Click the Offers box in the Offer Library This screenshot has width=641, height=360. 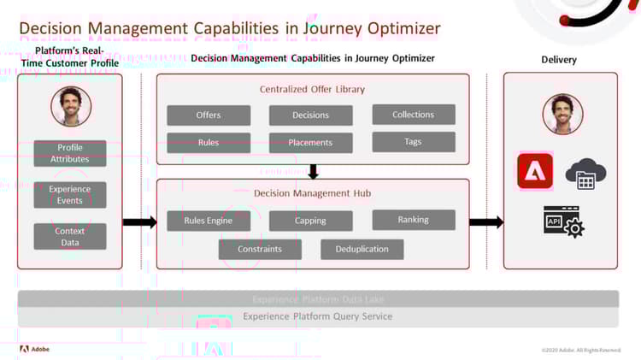point(209,115)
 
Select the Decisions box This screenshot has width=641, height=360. point(310,115)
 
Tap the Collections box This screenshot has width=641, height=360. point(414,115)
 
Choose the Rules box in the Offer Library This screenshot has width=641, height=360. point(209,143)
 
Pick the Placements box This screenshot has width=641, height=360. point(310,143)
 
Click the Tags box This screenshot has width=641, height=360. point(414,142)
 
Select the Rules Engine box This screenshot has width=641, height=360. point(209,221)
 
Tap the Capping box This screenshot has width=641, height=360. point(310,221)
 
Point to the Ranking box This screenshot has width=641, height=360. point(414,220)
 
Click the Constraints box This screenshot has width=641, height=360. point(260,250)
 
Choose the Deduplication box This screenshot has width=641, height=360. point(362,250)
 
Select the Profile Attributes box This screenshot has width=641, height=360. point(70,154)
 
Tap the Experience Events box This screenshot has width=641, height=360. point(70,195)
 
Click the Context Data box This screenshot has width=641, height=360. point(70,237)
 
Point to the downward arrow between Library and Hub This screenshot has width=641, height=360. point(313,172)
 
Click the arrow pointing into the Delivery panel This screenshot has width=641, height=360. point(486,222)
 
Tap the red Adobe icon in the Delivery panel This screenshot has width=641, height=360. point(535,171)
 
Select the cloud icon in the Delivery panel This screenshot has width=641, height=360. point(585,174)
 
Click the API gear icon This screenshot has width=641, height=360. point(563,221)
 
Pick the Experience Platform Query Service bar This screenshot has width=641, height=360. point(318,316)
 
